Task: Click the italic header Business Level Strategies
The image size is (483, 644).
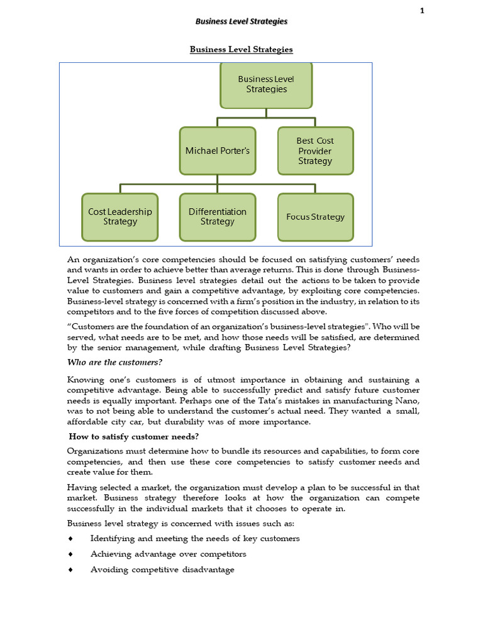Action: point(241,21)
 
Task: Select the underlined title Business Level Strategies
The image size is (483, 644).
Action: point(241,49)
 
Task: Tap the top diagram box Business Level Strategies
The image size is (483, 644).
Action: point(266,84)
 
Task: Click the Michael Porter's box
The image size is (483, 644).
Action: point(218,151)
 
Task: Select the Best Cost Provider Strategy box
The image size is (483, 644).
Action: point(315,151)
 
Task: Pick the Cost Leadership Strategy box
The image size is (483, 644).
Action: point(120,217)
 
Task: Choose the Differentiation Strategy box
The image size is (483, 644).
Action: point(218,217)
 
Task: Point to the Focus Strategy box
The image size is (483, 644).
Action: point(315,217)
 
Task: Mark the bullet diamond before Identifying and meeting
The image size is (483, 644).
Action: point(70,538)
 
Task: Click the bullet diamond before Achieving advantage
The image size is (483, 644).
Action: point(70,554)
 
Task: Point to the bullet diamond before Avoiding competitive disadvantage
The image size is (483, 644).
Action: point(70,570)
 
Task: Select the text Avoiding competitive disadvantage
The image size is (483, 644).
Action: point(162,570)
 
